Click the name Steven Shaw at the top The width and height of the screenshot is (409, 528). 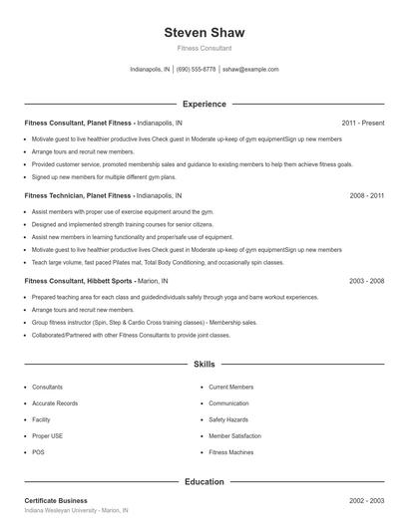[204, 32]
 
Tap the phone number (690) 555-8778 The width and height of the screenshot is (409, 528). [197, 70]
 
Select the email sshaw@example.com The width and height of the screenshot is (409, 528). [250, 70]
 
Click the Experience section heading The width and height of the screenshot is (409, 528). [204, 104]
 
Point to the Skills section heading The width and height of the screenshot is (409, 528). [204, 366]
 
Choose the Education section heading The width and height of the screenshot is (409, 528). [204, 481]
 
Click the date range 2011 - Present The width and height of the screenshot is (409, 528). [362, 123]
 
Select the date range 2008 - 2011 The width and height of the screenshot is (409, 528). [366, 196]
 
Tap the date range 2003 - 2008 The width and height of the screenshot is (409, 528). [366, 281]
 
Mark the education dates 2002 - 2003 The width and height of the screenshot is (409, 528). [366, 500]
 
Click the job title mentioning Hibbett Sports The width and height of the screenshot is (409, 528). [79, 281]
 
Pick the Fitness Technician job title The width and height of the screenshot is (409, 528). [78, 196]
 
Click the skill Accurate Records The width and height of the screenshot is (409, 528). [55, 403]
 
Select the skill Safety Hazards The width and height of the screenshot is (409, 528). [228, 419]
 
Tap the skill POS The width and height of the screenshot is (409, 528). [38, 452]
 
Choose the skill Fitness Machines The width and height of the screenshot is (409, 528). [231, 452]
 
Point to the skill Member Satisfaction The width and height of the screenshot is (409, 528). [234, 436]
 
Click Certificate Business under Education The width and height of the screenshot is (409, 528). [56, 500]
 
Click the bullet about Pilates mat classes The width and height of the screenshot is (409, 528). [144, 262]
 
